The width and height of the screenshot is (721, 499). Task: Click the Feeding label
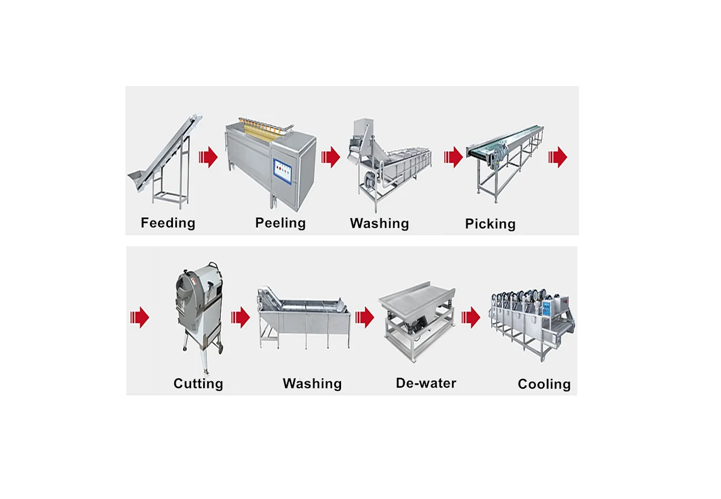(x=168, y=223)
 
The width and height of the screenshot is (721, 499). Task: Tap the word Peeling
(x=280, y=223)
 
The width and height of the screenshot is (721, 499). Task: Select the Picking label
(x=490, y=224)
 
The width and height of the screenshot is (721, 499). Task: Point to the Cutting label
(x=199, y=384)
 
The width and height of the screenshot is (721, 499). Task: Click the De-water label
(x=426, y=383)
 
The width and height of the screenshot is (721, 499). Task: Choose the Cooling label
(x=544, y=384)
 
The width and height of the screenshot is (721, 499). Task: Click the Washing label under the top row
(x=379, y=223)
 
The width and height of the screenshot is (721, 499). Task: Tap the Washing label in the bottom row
(x=312, y=384)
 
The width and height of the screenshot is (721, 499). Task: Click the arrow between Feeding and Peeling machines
(x=208, y=157)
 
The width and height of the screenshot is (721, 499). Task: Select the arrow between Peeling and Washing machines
(x=331, y=157)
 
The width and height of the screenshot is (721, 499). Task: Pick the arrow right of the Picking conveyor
(x=557, y=157)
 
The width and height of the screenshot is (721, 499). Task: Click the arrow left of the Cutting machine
(x=140, y=318)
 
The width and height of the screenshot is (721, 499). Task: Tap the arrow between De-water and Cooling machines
(x=470, y=318)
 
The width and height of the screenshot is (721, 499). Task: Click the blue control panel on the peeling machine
(x=283, y=171)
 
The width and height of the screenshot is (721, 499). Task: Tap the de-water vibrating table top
(x=417, y=298)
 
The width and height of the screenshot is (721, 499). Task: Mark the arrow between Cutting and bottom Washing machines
(x=241, y=318)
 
